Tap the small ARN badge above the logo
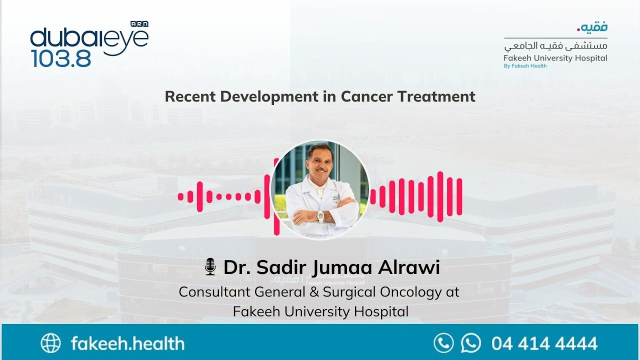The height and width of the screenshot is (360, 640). coord(139,24)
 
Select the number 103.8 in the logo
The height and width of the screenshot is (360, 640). coord(61,58)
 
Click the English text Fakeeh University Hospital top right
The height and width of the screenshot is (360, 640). coord(555,58)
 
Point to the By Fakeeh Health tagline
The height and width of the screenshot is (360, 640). coord(525,66)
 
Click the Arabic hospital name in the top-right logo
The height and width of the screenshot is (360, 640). coord(555,46)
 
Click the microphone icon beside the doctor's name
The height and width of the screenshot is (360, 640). coord(210,267)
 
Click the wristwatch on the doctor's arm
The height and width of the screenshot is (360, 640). coord(320,216)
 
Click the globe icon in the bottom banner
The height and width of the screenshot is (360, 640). coord(50,343)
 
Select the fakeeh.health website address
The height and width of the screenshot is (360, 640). coord(127,343)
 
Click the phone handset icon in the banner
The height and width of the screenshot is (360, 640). coord(443,343)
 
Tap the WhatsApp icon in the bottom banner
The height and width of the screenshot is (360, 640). coord(470,343)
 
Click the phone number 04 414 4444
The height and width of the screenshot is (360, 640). coord(544,343)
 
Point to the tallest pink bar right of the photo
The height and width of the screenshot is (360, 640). coord(440,196)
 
